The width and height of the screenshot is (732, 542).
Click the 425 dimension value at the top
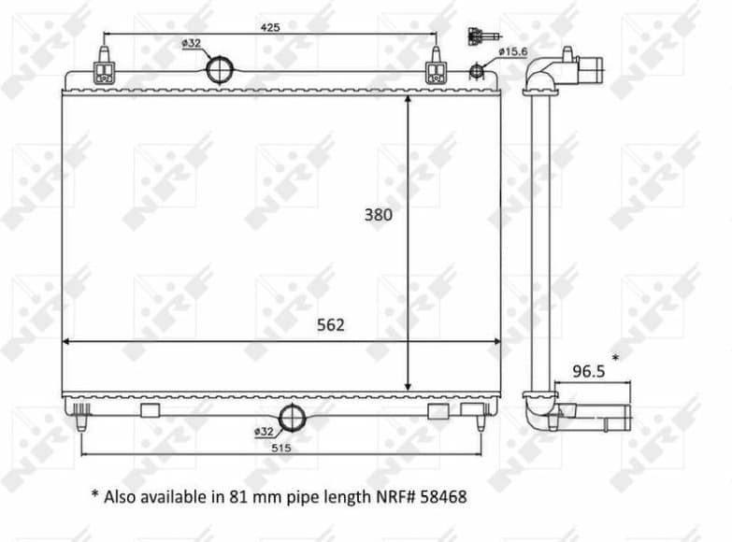point(269,27)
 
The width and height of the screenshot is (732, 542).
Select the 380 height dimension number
point(379,214)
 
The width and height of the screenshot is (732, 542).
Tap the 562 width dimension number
point(330,325)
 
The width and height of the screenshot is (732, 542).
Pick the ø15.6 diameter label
point(514,51)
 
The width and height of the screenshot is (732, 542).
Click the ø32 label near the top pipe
point(192,43)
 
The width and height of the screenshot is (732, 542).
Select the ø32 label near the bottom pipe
point(264,431)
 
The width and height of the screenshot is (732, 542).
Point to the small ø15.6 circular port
point(477,69)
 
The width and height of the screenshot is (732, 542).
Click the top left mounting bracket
point(104,72)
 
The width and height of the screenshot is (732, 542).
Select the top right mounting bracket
point(436,72)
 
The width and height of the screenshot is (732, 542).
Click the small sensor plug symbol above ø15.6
point(479,36)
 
